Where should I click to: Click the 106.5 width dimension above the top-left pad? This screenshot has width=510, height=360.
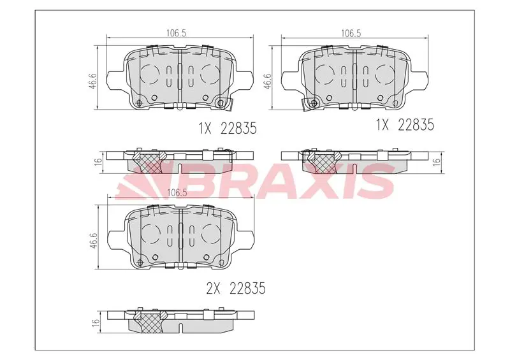coord(176,33)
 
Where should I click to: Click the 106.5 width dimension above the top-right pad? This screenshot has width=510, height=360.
coord(351,33)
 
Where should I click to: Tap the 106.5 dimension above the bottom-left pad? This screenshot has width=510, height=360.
coord(176,192)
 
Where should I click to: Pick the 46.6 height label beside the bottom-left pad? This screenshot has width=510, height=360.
coord(93,241)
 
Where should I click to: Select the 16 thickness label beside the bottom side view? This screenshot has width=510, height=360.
coord(96,322)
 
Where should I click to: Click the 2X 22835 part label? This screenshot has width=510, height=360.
coord(236,288)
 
